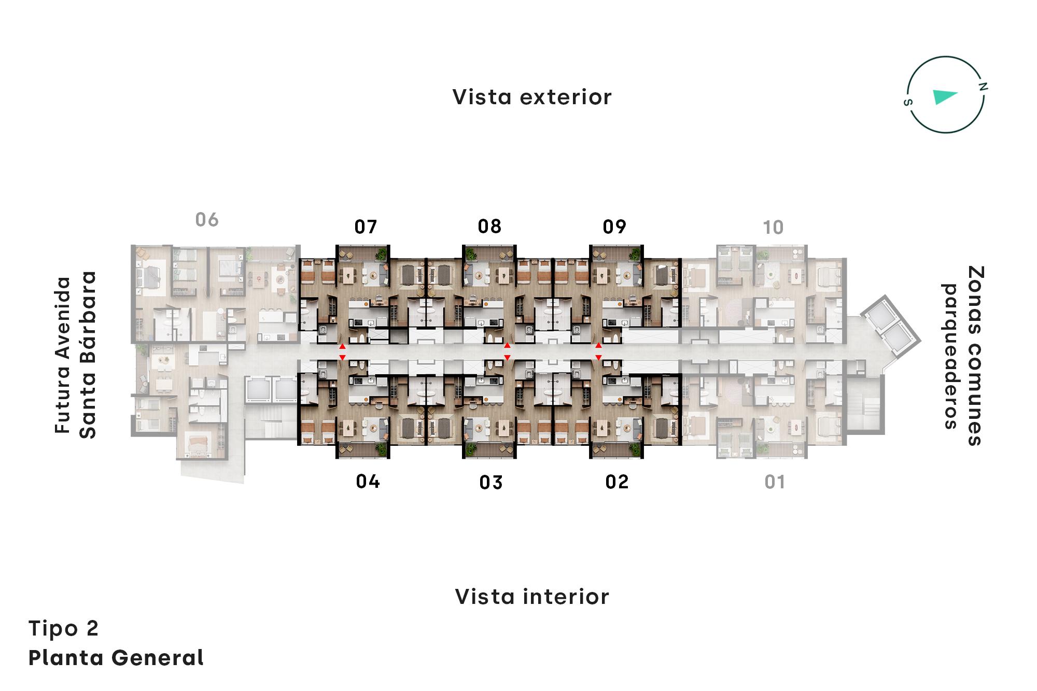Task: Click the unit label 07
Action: (366, 227)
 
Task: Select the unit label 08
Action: (489, 226)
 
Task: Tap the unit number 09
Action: (614, 227)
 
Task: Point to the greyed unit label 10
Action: (773, 227)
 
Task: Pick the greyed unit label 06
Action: (207, 220)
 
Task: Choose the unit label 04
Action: (368, 482)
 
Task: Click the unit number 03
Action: (491, 483)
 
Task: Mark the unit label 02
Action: (617, 482)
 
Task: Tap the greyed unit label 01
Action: (775, 482)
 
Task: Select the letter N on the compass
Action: (983, 87)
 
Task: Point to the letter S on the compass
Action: (907, 102)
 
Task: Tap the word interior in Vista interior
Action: (566, 597)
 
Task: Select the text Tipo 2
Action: (63, 628)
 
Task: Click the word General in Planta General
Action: (157, 658)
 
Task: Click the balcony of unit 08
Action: (489, 253)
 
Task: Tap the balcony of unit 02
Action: (616, 450)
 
